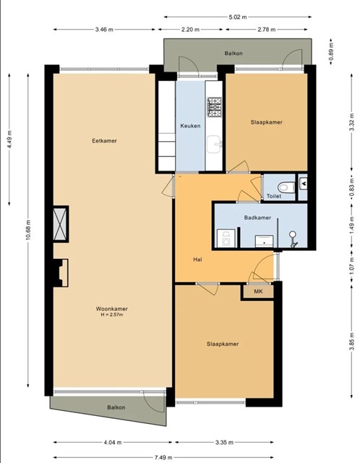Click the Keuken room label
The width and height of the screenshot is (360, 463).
190,126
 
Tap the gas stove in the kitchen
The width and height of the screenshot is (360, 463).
214,107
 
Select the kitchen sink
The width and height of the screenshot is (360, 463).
214,144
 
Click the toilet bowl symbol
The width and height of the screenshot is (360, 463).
286,187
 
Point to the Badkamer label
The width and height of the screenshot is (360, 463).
257,218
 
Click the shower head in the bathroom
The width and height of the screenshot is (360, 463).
293,239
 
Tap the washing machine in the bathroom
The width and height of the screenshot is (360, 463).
226,238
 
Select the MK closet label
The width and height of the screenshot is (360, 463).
259,292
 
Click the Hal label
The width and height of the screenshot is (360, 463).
197,260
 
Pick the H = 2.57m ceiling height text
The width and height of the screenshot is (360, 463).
112,315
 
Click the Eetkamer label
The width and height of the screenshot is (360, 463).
105,141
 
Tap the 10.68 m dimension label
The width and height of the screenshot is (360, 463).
28,230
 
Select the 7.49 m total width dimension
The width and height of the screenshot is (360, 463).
163,457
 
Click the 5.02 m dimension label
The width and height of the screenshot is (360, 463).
238,17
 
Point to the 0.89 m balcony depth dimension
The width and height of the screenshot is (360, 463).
331,51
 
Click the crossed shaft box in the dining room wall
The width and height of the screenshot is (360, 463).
61,224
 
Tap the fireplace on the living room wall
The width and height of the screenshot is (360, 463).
61,273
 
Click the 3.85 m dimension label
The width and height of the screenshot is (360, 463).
351,341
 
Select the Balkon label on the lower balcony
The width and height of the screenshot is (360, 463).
116,407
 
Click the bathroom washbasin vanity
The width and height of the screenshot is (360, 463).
264,241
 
